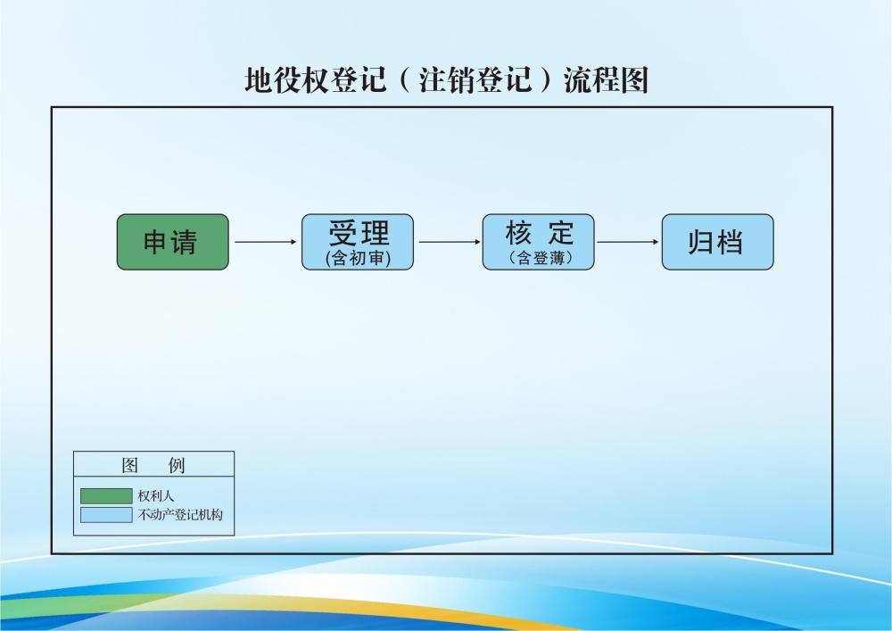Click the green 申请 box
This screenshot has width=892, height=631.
(173, 242)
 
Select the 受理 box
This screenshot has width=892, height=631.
(358, 242)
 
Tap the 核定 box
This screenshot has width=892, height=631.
(538, 242)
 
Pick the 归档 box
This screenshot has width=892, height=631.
(718, 242)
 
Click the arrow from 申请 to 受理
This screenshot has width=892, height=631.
(266, 242)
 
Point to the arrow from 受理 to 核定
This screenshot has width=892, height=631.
(450, 242)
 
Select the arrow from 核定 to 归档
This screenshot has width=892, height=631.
(627, 242)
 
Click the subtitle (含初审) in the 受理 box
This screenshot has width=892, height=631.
(359, 258)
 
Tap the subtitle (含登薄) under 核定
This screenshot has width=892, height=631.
(540, 258)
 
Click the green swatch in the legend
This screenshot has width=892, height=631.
(106, 496)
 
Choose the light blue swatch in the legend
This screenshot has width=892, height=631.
(106, 515)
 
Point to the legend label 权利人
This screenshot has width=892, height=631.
(156, 496)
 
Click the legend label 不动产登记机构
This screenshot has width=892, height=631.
(180, 515)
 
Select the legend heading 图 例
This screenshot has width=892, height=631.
(153, 465)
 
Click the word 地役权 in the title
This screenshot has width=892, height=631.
(287, 79)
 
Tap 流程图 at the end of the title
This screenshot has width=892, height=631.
(607, 79)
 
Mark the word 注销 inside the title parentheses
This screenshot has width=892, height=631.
(447, 79)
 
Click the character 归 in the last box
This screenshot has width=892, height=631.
(701, 243)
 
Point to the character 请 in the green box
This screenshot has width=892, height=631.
(185, 243)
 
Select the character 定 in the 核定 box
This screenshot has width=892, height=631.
(561, 233)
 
